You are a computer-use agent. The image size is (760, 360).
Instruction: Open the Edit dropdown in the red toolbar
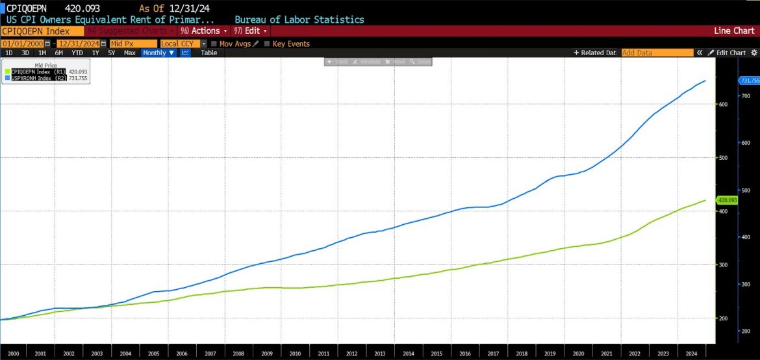coord(252,31)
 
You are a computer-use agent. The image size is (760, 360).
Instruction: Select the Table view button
coord(209,53)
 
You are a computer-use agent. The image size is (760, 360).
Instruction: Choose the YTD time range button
coord(77,53)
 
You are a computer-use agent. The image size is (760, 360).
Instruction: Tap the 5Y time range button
coord(112,53)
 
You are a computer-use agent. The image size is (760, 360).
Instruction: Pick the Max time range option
coord(129,53)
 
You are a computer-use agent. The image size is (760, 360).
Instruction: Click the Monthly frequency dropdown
coord(158,53)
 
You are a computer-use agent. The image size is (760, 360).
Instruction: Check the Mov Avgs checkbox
coord(216,44)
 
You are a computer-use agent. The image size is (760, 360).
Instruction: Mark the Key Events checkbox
coord(267,44)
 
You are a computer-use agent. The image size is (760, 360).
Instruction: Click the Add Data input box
coord(655,53)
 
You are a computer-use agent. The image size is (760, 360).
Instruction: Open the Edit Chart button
coord(726,53)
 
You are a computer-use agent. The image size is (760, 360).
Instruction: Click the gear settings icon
coord(754,53)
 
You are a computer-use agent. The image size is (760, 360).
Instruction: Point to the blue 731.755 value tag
coord(750,81)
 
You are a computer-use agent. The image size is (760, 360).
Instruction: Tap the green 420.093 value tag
coord(726,200)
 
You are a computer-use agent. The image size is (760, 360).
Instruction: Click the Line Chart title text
coord(734,31)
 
